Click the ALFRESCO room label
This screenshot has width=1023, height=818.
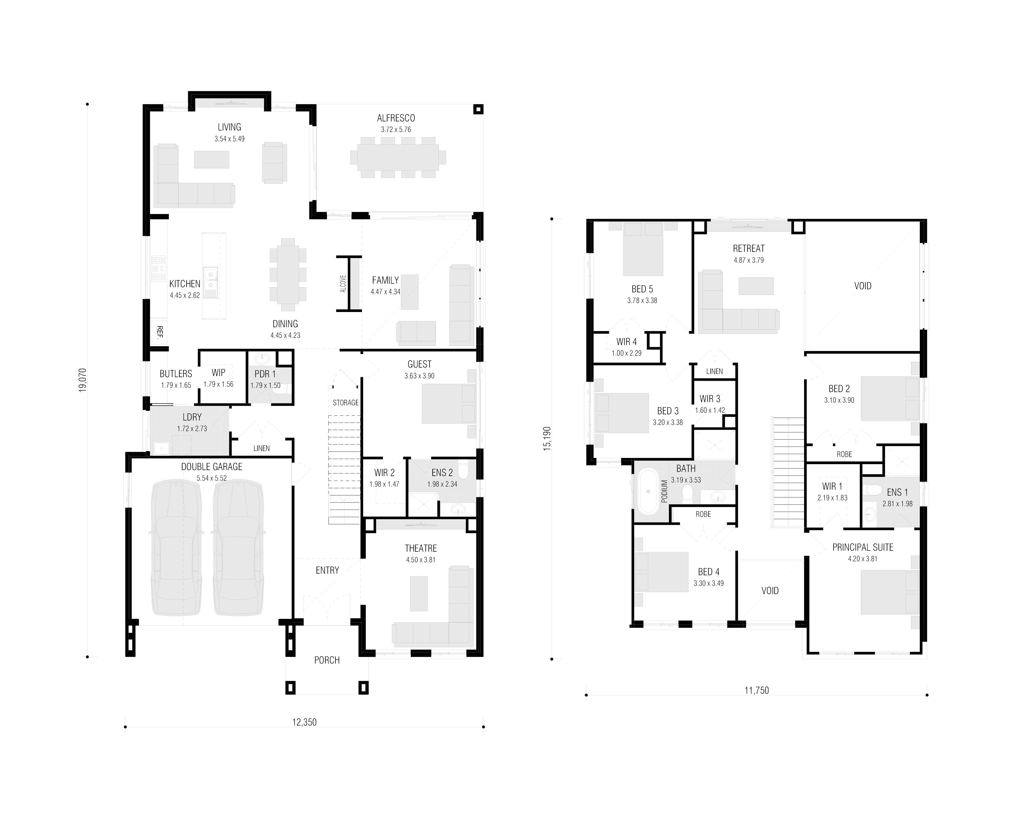[396, 118]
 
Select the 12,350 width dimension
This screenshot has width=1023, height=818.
[304, 722]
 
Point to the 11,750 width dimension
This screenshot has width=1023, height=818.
[756, 690]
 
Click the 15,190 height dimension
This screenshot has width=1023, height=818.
[547, 439]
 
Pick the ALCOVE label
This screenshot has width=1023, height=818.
[343, 284]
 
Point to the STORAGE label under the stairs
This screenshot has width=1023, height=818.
[345, 403]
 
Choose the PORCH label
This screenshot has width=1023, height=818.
[327, 660]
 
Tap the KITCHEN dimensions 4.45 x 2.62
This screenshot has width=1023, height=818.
[185, 295]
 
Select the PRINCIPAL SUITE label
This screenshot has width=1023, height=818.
[862, 547]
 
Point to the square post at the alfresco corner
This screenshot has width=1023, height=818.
[478, 110]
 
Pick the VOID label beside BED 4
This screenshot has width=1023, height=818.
[770, 590]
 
